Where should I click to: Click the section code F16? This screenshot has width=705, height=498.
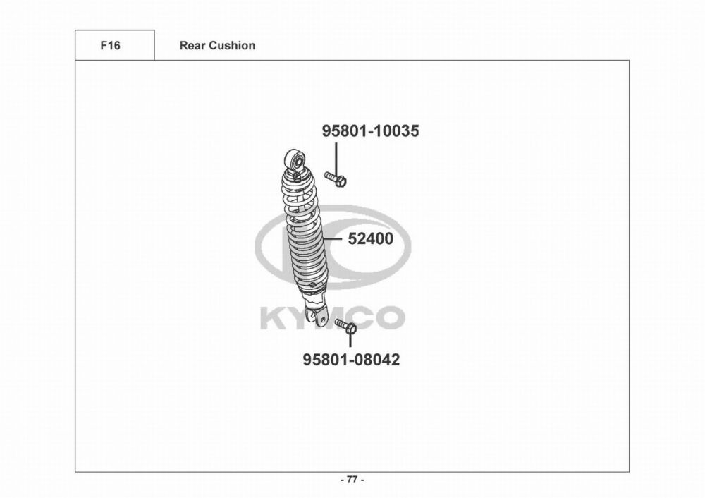tap(110, 45)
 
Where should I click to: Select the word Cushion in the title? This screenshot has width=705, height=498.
tap(233, 45)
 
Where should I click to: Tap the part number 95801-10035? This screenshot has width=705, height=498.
tap(371, 131)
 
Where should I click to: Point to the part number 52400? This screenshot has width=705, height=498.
tap(371, 239)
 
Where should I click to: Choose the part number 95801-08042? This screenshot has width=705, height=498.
tap(351, 360)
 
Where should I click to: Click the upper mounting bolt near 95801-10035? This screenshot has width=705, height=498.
tap(336, 179)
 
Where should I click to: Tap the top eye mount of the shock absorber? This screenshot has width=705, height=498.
tap(295, 158)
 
